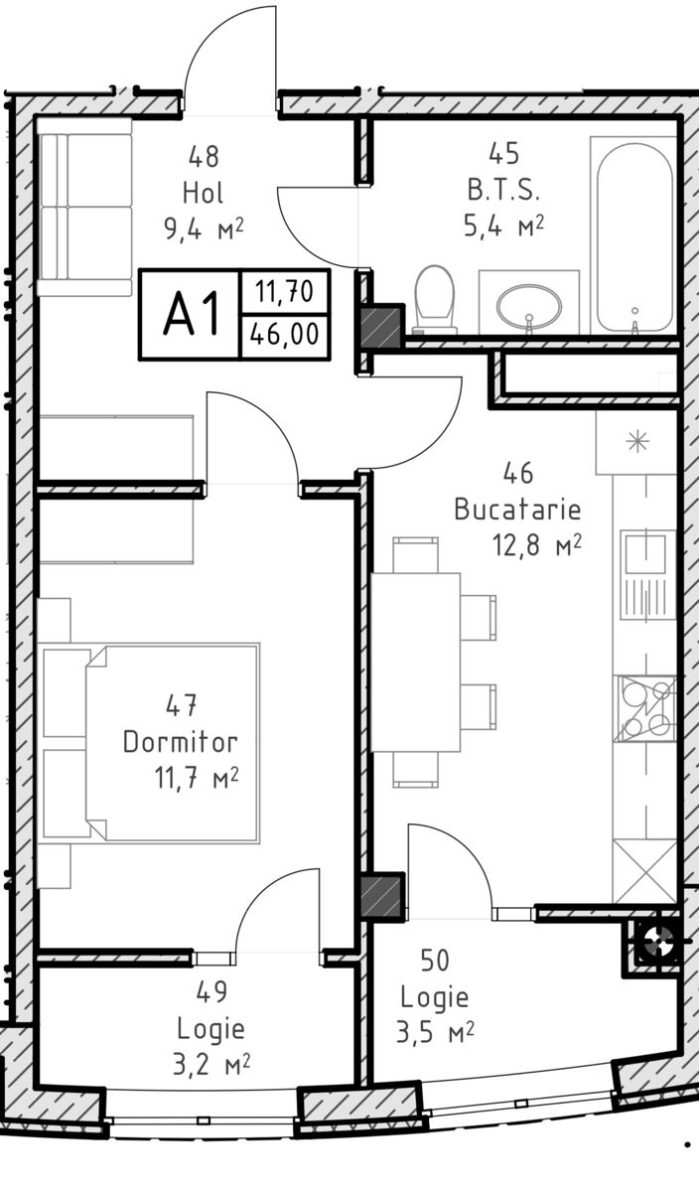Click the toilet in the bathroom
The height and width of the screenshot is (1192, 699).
(435, 299)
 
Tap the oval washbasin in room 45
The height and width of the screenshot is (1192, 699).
(529, 307)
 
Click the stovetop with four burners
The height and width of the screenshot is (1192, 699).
(644, 709)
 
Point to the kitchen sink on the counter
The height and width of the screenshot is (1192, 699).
(645, 575)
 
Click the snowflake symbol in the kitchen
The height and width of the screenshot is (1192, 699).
(637, 442)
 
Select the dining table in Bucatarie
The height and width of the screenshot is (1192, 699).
(415, 662)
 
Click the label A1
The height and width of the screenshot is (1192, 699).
(192, 315)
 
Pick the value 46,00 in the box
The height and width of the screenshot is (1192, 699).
(285, 335)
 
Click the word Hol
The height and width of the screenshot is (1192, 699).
(203, 193)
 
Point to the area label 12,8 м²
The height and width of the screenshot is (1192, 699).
(537, 545)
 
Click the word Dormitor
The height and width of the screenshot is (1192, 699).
(180, 742)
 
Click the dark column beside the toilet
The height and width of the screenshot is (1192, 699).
(382, 327)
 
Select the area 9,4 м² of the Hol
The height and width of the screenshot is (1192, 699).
(205, 229)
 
